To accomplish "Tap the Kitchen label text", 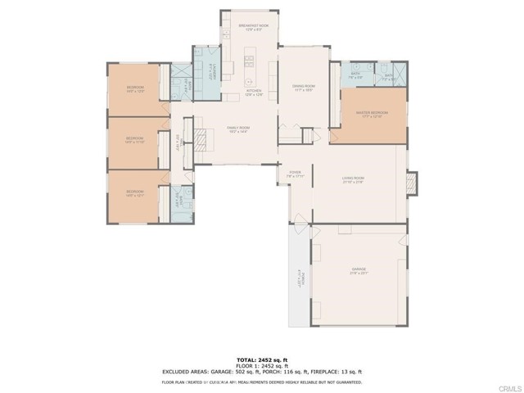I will (x=253, y=92).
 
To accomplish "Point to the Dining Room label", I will (x=304, y=88).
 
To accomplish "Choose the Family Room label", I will (x=238, y=129).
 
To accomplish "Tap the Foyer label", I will (x=295, y=174).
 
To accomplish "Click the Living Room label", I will (x=353, y=180).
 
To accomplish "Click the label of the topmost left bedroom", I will (x=135, y=89).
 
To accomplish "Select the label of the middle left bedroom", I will (x=135, y=140).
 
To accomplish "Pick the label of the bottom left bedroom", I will (x=135, y=195).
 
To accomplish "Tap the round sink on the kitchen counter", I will (x=249, y=82).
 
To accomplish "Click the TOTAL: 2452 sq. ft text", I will (x=262, y=359).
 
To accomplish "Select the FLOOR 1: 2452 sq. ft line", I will (x=262, y=365).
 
